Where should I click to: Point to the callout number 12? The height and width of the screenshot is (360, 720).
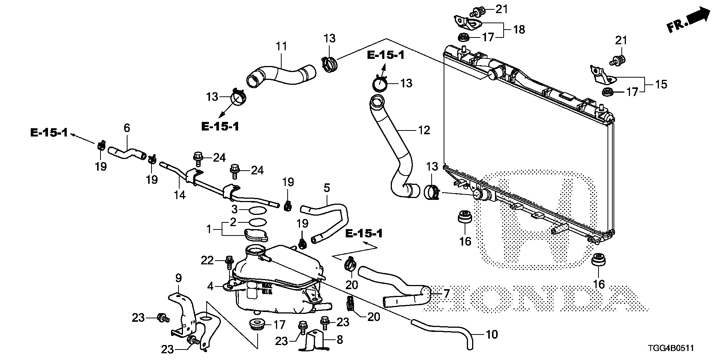(x=424, y=130)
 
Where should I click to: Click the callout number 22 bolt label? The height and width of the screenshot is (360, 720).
(x=207, y=260)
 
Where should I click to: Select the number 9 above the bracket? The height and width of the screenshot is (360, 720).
(x=178, y=278)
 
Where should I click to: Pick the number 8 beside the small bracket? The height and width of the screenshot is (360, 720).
(x=340, y=340)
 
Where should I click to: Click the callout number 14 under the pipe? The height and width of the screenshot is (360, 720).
(x=180, y=195)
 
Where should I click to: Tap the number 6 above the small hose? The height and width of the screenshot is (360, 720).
(x=127, y=128)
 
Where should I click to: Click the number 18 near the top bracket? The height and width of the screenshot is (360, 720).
(x=519, y=29)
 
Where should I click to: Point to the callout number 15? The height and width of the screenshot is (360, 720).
(x=661, y=84)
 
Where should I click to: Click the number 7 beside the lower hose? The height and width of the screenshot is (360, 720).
(x=446, y=294)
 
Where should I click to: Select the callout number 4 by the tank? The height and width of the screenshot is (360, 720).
(x=210, y=287)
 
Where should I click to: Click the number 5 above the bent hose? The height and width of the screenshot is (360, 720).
(x=327, y=188)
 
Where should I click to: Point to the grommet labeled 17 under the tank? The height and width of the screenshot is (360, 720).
(x=256, y=324)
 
